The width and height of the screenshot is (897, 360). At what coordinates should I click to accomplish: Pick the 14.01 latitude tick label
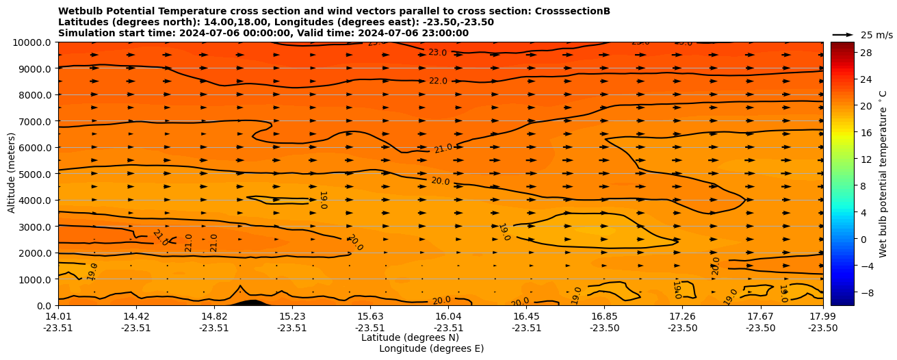click(x=58, y=317)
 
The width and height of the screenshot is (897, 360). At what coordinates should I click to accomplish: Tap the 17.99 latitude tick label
click(x=822, y=317)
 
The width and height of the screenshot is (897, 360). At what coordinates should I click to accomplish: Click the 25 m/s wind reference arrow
click(x=843, y=34)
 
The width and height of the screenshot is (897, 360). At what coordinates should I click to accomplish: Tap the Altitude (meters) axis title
click(x=12, y=173)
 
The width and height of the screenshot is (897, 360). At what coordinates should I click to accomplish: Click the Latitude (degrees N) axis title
click(x=410, y=337)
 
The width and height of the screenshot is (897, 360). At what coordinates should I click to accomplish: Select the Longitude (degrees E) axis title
click(x=431, y=348)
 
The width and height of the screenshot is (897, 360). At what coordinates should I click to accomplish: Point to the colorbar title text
click(x=883, y=173)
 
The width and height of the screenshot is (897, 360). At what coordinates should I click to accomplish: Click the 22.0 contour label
click(x=438, y=81)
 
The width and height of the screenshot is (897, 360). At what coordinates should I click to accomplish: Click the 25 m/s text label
click(x=876, y=35)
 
